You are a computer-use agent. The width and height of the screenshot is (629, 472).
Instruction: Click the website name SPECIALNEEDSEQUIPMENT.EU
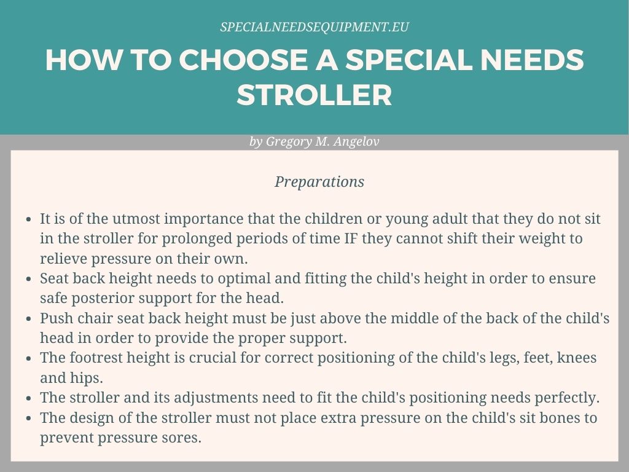click(314, 27)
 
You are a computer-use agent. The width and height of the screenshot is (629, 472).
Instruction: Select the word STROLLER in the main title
click(314, 95)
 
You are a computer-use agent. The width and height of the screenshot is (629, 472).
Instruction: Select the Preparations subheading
click(319, 182)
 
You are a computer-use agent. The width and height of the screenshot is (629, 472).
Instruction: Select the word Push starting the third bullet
click(56, 318)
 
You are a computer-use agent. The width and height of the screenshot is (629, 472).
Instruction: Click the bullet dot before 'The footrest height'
click(30, 358)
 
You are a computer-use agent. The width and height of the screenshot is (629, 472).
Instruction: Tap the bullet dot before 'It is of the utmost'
click(30, 219)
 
